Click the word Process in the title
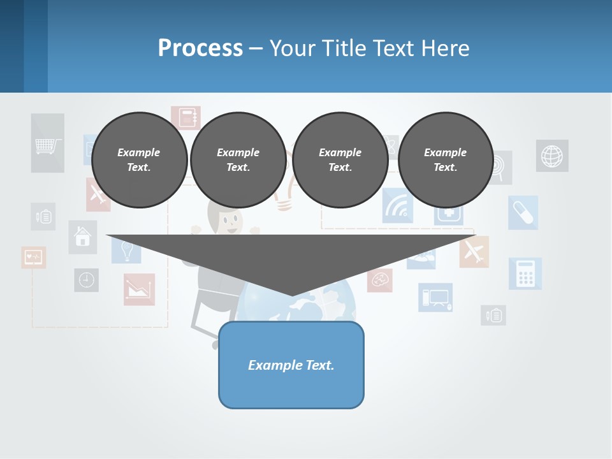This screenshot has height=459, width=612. point(200,48)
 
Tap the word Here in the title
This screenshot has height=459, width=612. point(444,48)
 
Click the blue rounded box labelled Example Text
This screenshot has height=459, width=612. point(291,365)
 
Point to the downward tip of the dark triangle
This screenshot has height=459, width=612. point(292,295)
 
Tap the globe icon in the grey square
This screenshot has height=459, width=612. point(552,156)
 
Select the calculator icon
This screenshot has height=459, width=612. point(525,273)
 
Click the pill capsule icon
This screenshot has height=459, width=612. point(523,212)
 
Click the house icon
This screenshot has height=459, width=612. point(83,237)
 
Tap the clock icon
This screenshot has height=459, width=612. point(86,280)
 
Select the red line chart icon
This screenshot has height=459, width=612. point(139,289)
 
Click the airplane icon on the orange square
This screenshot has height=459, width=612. point(474,251)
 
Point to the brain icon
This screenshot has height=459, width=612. point(380,279)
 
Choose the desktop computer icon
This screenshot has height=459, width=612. point(435,297)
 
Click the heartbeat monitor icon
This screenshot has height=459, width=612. point(33,258)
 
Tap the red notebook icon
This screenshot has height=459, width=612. point(186,118)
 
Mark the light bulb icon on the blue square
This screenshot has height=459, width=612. point(126,251)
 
